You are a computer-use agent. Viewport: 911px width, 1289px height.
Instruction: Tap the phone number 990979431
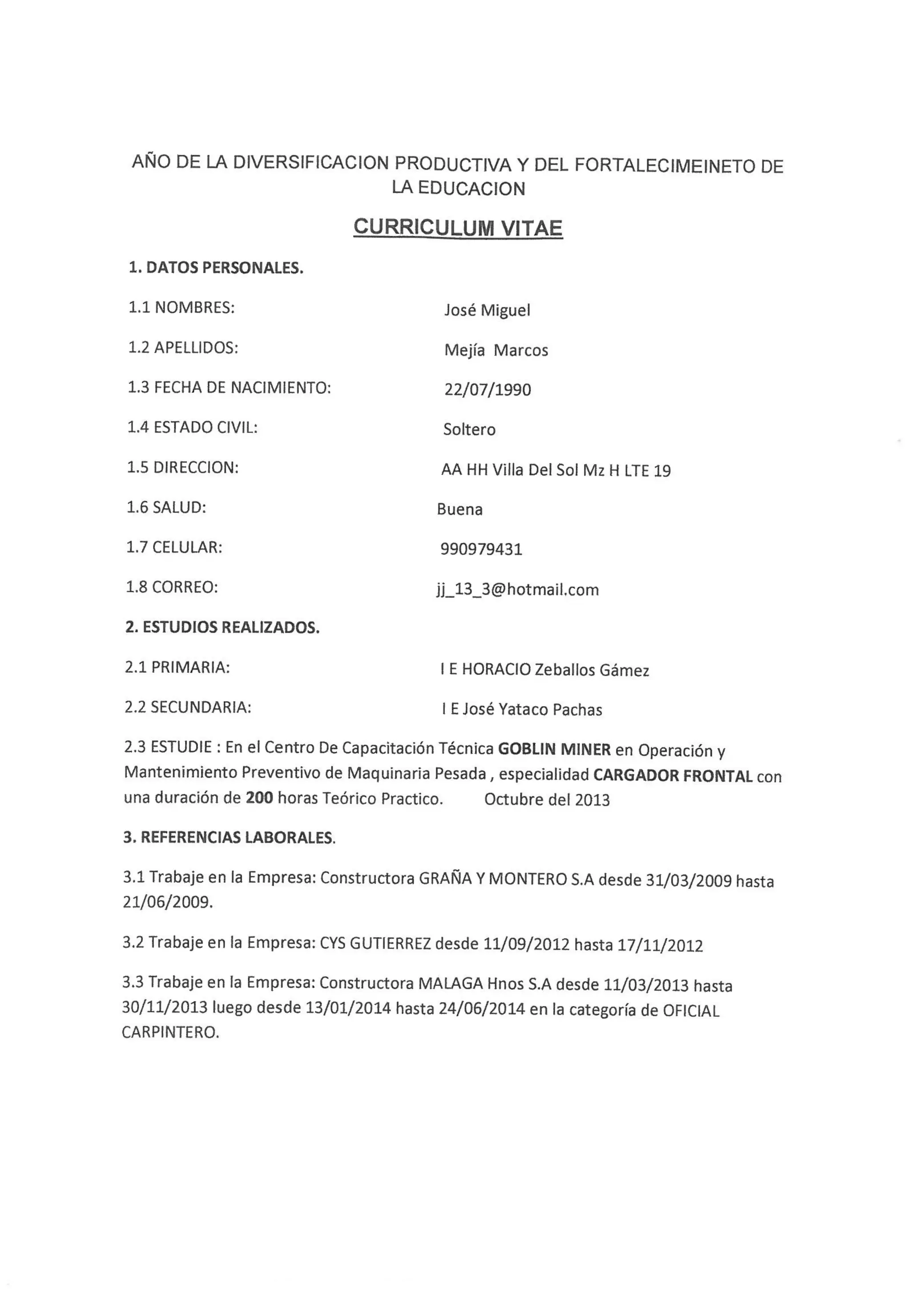tap(481, 549)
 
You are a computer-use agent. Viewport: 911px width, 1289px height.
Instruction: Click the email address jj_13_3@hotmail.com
tap(517, 590)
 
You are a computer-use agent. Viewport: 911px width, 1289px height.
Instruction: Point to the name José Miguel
tap(487, 310)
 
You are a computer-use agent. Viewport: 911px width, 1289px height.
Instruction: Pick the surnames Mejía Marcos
tap(496, 350)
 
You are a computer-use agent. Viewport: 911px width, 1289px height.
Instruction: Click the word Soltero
tap(469, 429)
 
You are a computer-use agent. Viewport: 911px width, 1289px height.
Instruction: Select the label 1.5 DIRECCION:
tap(182, 467)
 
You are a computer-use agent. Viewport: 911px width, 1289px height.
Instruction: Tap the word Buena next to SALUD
tap(459, 509)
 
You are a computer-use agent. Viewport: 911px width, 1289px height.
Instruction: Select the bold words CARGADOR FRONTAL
tap(673, 776)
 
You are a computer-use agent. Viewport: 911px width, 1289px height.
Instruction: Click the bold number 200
tap(259, 798)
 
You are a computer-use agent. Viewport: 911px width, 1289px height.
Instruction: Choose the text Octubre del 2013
tap(547, 800)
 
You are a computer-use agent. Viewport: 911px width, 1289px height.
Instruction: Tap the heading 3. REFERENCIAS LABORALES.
tap(229, 838)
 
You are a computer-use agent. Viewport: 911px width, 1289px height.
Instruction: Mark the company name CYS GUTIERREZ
tap(375, 943)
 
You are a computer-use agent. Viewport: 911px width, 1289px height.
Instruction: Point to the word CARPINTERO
tap(169, 1032)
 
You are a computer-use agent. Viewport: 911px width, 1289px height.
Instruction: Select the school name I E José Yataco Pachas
tap(521, 710)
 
